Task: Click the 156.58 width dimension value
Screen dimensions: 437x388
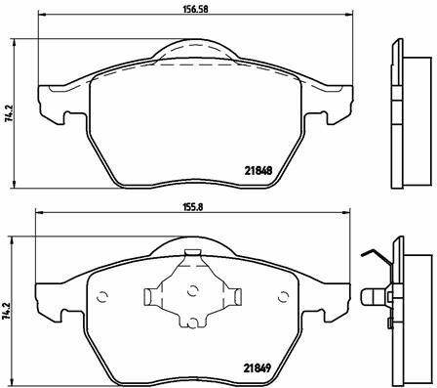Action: coord(195,9)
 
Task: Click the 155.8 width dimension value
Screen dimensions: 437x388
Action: coord(193,207)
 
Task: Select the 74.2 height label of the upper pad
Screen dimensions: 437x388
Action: coord(10,113)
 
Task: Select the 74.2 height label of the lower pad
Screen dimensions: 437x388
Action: coord(7,312)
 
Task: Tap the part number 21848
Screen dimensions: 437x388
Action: coord(258,170)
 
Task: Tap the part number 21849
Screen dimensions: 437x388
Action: coord(258,368)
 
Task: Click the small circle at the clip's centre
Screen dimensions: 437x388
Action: coord(193,290)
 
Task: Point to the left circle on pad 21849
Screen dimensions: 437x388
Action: coord(102,297)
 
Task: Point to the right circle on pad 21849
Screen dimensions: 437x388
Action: coord(284,297)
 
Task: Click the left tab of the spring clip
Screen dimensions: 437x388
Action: coord(152,297)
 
